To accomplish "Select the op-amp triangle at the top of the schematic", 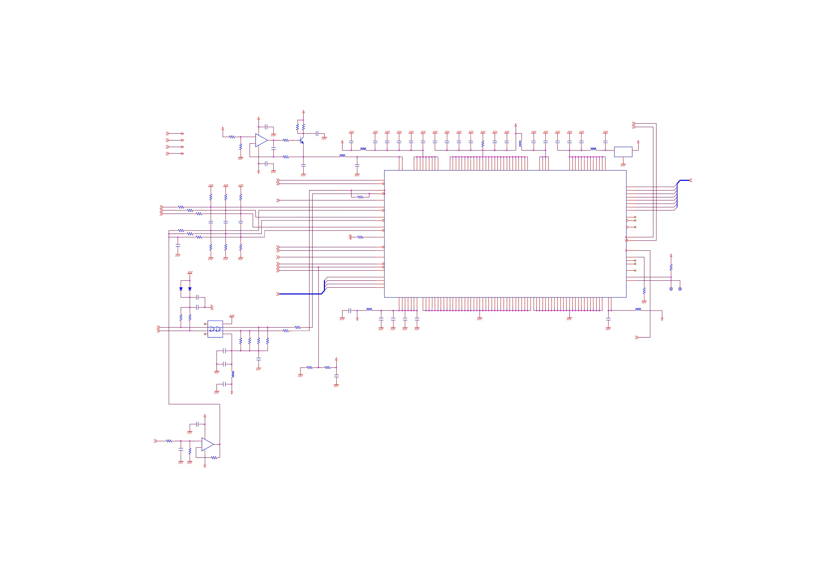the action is tap(261, 141).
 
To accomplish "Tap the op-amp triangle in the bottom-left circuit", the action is tap(208, 444).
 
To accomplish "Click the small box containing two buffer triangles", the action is tap(215, 329).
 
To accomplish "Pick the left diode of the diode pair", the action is tap(181, 289).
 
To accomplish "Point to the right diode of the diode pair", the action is tap(190, 289).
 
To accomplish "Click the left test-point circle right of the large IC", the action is tap(671, 289).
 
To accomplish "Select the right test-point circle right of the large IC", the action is tap(680, 289).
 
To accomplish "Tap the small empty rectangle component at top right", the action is tap(623, 152).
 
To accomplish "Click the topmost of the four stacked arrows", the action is tap(175, 134).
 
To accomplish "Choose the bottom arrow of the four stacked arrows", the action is tap(175, 154).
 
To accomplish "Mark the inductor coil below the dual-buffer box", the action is tap(233, 374).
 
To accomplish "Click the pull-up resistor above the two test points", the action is tap(671, 267).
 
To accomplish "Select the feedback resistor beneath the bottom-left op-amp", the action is tap(213, 458).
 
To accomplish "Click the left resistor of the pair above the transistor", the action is tap(297, 127).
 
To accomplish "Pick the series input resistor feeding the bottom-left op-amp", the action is tap(169, 441).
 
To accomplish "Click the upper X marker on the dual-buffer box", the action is tap(205, 324).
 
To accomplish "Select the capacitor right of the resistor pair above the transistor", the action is tap(317, 134).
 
